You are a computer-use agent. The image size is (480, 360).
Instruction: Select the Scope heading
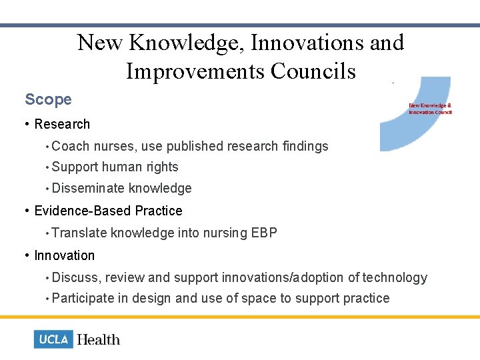48,100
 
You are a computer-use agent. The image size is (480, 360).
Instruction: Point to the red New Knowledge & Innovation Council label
430,108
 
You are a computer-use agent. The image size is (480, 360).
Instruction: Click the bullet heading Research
62,124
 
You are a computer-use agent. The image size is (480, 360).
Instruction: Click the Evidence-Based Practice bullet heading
108,211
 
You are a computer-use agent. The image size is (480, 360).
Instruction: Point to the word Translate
79,233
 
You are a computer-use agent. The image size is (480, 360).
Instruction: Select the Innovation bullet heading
65,255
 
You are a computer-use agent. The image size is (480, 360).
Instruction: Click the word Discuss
75,277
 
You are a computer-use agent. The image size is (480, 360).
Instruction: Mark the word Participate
83,298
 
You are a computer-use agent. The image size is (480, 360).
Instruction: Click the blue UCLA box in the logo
53,339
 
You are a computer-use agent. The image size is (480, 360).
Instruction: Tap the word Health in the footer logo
98,339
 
